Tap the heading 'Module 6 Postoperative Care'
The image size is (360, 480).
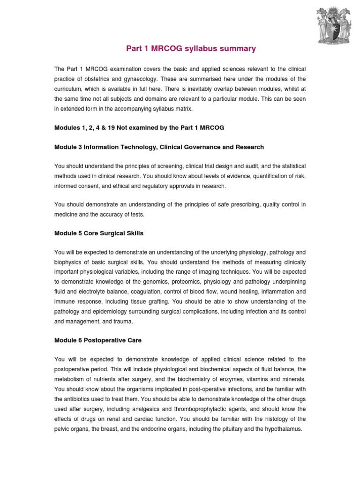click(x=97, y=340)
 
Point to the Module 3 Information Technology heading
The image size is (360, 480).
click(x=159, y=147)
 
